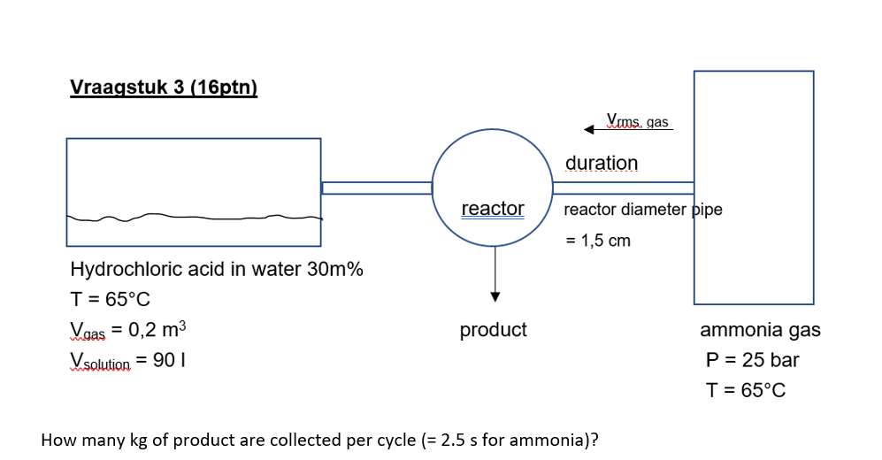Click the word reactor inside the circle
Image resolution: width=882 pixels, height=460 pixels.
pos(493,209)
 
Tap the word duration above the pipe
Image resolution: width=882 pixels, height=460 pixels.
pos(601,164)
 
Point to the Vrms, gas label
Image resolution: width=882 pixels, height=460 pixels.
pos(637,121)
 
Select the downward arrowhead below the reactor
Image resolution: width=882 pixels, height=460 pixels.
pos(495,295)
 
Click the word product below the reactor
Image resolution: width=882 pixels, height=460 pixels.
pos(493,330)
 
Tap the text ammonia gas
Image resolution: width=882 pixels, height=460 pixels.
pos(760,330)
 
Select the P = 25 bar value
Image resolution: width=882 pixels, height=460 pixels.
pos(752,360)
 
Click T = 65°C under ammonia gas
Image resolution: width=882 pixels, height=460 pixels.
pos(745,390)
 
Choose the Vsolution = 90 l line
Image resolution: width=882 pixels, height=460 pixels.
pos(127,361)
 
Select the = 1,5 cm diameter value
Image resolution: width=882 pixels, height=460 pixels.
pos(598,241)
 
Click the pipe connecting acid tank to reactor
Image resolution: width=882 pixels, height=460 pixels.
pos(376,188)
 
